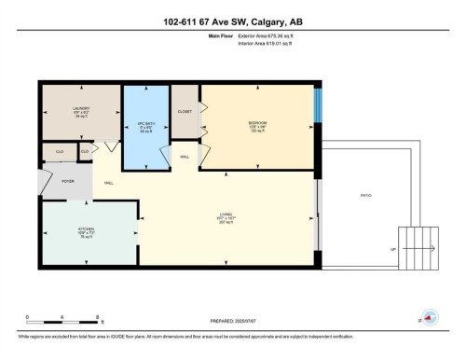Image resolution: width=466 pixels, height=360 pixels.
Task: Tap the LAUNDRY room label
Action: click(81, 112)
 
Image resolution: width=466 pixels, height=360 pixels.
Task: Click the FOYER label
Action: click(68, 182)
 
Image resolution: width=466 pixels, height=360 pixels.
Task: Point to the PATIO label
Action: click(367, 196)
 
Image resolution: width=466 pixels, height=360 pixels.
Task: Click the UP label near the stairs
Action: click(391, 249)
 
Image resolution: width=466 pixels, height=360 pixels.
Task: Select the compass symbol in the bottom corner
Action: click(430, 318)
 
